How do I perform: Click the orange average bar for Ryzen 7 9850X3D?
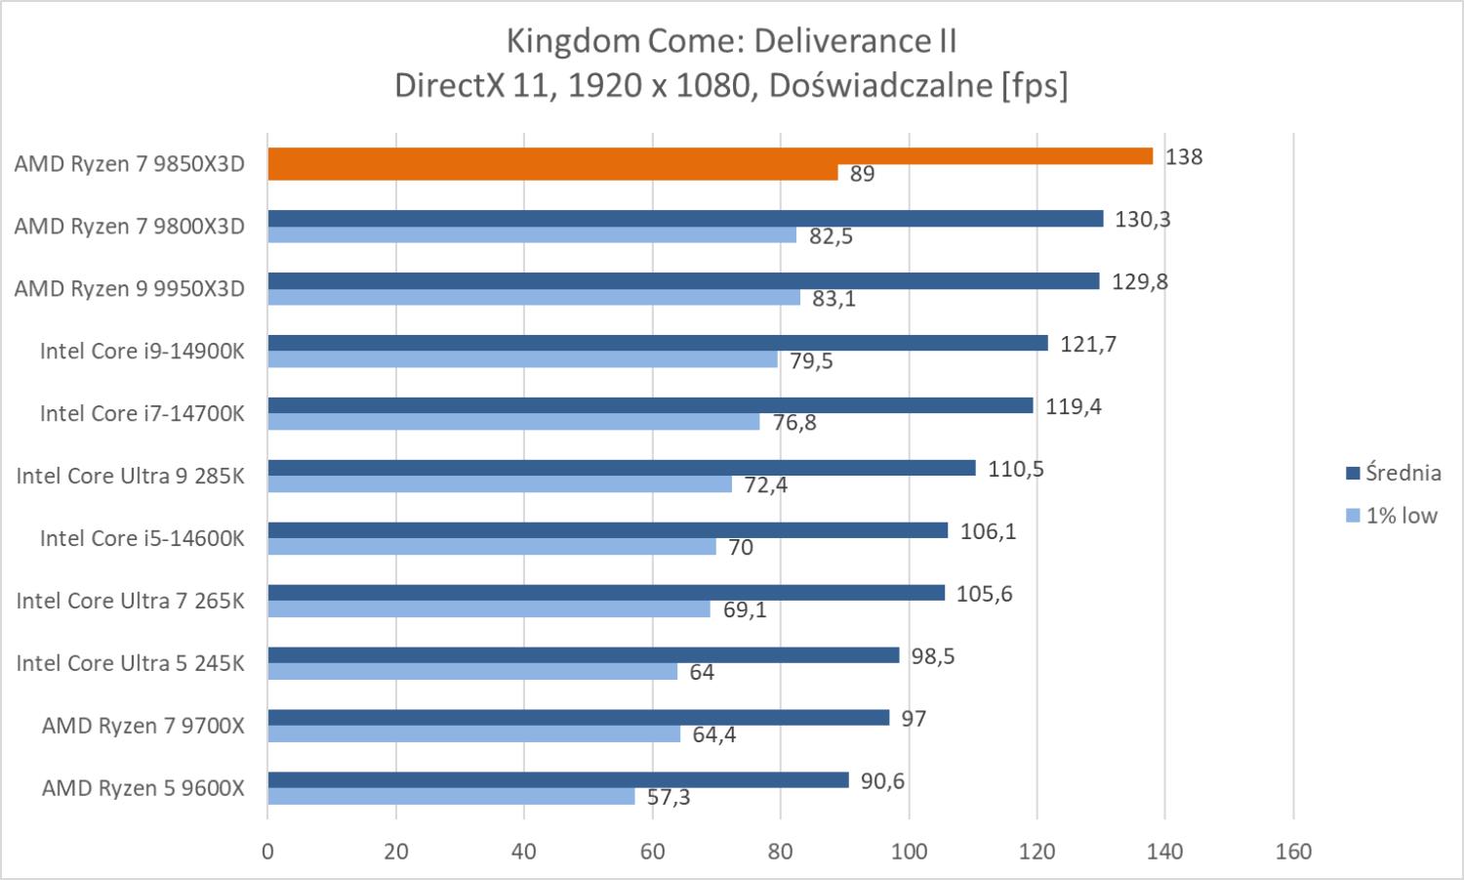click(710, 156)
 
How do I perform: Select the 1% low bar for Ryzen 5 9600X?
click(451, 797)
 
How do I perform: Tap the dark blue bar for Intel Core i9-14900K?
click(657, 344)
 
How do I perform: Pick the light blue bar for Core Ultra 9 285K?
click(499, 484)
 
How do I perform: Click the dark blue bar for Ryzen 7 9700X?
click(578, 718)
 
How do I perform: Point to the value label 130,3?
click(1142, 219)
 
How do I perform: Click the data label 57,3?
click(669, 797)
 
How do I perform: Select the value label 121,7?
click(1087, 344)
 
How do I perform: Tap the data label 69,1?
click(745, 609)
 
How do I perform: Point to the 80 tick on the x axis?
click(780, 851)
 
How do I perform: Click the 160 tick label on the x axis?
click(1293, 851)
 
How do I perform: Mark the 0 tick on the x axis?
click(267, 851)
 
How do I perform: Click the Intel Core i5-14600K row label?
click(142, 538)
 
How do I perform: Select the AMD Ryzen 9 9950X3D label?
click(129, 289)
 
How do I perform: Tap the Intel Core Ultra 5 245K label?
click(130, 663)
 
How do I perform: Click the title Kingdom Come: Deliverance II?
click(731, 41)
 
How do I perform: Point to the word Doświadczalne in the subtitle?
click(880, 86)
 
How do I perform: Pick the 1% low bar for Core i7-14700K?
click(513, 422)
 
